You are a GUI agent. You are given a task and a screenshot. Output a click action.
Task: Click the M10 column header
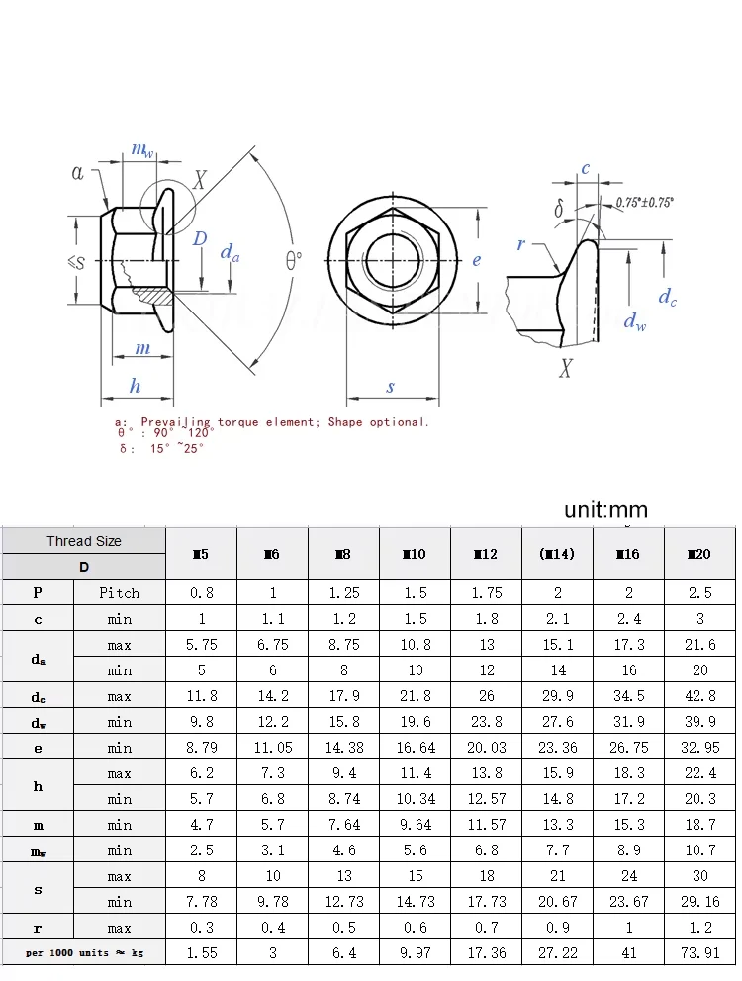pos(415,554)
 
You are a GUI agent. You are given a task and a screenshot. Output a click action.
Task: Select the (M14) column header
pos(557,554)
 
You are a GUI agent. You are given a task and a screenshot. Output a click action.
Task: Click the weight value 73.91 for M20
pos(699,953)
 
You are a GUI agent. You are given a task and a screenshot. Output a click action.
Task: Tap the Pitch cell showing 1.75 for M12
pos(486,593)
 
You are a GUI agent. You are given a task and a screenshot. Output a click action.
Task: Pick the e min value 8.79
pos(201,748)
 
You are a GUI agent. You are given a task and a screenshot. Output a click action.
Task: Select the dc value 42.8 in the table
pos(699,696)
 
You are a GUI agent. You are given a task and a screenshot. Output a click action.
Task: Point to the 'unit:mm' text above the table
pos(605,510)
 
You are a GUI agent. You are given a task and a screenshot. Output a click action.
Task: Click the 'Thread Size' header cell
pos(84,541)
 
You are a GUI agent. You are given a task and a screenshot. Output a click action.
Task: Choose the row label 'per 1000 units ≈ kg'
pos(83,953)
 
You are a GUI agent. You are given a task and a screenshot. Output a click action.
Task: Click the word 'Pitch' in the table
pos(120,593)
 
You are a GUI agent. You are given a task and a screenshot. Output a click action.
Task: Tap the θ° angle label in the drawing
pos(294,260)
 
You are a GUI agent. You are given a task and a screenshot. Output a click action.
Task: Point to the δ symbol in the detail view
pos(559,209)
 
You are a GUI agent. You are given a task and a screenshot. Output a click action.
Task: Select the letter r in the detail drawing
pos(521,244)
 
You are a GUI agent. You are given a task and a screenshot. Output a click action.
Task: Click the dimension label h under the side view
pos(136,386)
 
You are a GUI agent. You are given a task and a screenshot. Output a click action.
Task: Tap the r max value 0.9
pos(557,928)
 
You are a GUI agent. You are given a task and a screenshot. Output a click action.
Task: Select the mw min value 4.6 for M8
pos(343,850)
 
